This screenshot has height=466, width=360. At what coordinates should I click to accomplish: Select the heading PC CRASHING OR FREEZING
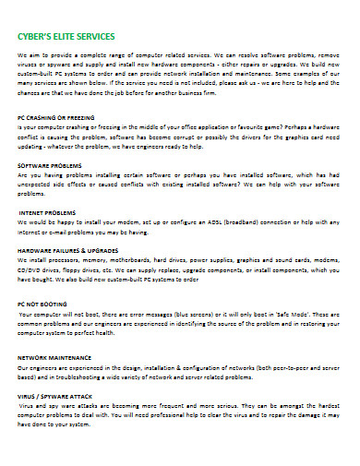(55, 119)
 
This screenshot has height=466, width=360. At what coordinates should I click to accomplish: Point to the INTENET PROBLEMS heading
(47, 211)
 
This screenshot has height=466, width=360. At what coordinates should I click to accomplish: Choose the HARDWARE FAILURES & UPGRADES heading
(66, 250)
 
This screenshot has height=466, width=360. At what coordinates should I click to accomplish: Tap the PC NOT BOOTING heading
(42, 304)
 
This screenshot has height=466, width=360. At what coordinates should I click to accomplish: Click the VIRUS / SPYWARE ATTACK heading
(55, 395)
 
